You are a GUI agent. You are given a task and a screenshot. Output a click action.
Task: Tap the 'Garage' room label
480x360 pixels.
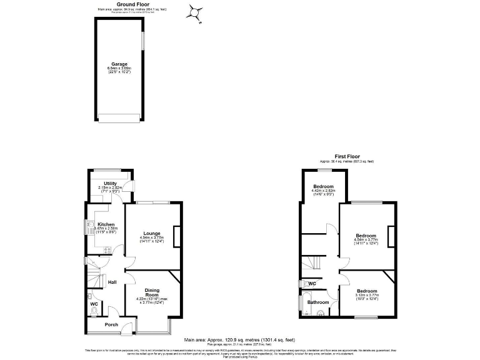tap(119, 64)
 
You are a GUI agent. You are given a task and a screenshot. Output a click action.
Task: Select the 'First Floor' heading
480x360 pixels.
tap(347, 156)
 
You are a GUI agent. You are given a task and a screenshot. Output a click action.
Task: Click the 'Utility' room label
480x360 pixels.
tap(110, 183)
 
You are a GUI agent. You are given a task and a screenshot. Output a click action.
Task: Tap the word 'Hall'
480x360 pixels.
tap(112, 282)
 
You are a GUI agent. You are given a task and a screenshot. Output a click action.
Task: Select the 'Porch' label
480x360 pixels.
tap(111, 324)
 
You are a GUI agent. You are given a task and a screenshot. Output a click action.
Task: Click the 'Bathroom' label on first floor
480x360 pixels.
tap(317, 302)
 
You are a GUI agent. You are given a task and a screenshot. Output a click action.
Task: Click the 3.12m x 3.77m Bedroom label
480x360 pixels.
tap(367, 291)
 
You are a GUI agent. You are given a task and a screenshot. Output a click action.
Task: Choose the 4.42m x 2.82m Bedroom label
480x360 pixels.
tap(323, 187)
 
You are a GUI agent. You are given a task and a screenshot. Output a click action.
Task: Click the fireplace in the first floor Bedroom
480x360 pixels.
tap(391, 237)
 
